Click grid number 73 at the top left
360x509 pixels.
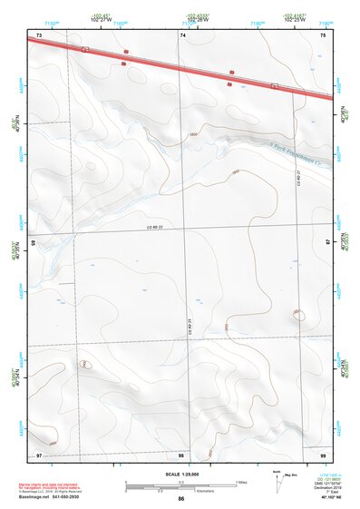tap(39, 34)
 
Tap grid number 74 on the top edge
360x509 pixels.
tap(183, 34)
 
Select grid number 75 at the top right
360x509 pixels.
tap(322, 34)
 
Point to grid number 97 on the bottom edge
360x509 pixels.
tap(39, 455)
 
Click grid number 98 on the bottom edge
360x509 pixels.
tap(181, 455)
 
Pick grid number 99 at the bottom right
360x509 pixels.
tap(322, 455)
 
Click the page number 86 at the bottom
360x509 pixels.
tap(181, 499)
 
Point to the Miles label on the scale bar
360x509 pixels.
tap(242, 481)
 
